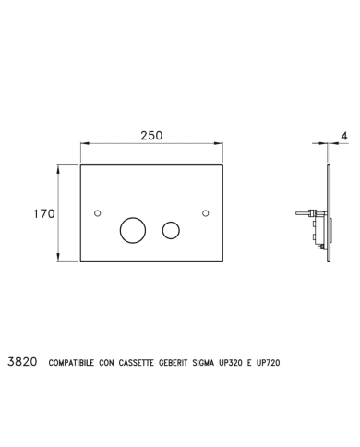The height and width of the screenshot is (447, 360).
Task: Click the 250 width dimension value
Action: click(151, 136)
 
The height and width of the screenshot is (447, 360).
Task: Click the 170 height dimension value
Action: click(44, 213)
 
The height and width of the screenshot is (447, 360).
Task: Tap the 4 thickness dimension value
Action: click(344, 136)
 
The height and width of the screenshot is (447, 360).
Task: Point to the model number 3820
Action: click(22, 362)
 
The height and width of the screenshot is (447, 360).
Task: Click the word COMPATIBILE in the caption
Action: click(71, 363)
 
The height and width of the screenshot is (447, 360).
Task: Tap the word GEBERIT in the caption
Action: click(173, 363)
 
